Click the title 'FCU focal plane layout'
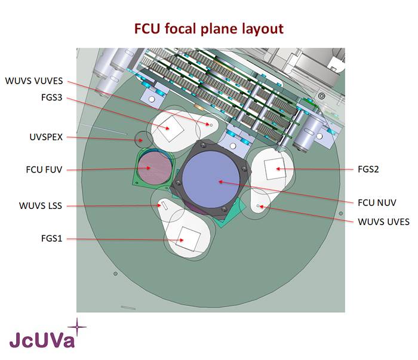pyautogui.click(x=208, y=28)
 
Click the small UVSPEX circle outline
pyautogui.click(x=142, y=140)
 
